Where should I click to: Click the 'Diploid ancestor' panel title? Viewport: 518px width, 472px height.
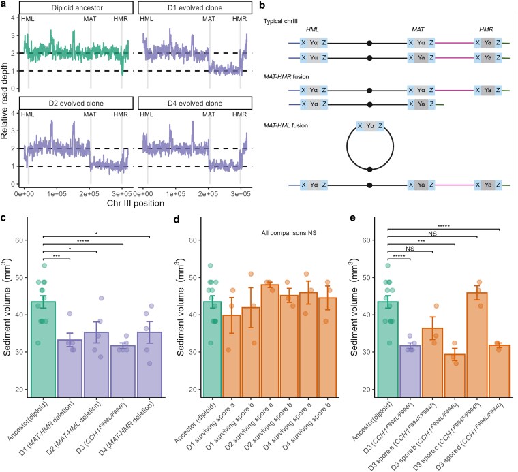click(x=76, y=7)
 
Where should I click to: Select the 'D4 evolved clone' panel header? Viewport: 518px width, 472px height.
click(x=195, y=104)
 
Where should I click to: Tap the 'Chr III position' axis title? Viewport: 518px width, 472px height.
click(x=136, y=203)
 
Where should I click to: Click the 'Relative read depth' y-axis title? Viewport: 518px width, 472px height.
click(x=4, y=100)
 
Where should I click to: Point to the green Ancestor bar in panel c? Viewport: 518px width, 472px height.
click(x=43, y=349)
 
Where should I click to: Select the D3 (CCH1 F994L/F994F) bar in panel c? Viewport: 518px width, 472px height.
click(x=123, y=371)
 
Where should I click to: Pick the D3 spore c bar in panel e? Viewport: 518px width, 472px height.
click(x=477, y=345)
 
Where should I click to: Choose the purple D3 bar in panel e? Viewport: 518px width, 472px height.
click(x=410, y=371)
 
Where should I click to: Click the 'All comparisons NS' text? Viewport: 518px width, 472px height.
click(x=289, y=233)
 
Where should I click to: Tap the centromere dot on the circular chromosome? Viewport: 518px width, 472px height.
click(x=370, y=170)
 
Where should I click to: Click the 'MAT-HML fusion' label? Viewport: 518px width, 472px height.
click(x=286, y=125)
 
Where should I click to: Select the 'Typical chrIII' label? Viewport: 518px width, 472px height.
click(x=281, y=21)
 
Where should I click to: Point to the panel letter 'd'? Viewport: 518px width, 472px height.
click(x=177, y=219)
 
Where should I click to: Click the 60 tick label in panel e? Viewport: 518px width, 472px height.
click(x=367, y=240)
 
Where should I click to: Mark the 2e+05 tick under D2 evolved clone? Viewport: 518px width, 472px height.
click(x=89, y=193)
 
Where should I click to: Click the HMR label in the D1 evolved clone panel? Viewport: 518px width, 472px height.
click(x=239, y=19)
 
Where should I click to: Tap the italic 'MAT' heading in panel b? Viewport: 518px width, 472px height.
click(x=418, y=29)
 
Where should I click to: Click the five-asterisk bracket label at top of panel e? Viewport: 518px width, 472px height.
click(x=443, y=226)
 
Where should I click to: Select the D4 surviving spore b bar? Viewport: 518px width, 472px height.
click(x=327, y=347)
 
